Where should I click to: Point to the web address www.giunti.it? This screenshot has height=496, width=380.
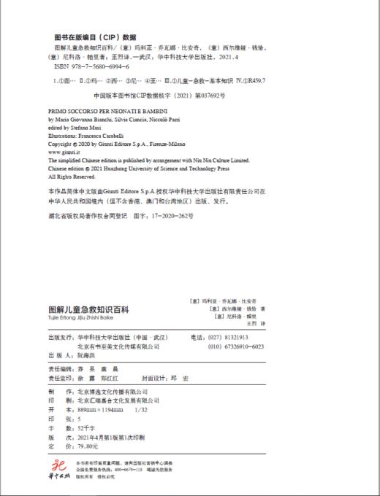coord(64,151)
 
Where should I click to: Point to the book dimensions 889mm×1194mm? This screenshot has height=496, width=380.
coord(93,409)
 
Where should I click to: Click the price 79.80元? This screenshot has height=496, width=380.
coord(78,446)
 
